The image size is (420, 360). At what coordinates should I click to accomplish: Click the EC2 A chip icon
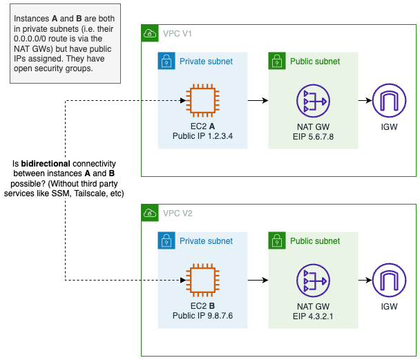tap(203, 101)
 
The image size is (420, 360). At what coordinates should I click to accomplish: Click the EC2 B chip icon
tap(203, 281)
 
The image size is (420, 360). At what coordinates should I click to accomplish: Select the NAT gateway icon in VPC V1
tap(314, 101)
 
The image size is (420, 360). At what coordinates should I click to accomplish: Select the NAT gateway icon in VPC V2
tap(314, 281)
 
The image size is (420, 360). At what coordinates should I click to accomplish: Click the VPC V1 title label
tap(179, 33)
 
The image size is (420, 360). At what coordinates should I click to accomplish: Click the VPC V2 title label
tap(179, 213)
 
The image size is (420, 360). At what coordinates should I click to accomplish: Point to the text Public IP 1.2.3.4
tap(203, 136)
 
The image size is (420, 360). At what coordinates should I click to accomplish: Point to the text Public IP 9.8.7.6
tap(203, 316)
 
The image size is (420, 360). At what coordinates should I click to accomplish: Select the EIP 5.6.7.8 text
tap(314, 136)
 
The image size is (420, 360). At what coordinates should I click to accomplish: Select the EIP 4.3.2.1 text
tap(314, 316)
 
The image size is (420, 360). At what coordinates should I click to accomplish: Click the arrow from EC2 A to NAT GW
tap(258, 101)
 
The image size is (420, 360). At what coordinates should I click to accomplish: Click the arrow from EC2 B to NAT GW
tap(258, 281)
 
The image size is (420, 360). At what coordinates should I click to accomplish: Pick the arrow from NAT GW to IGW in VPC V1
tap(363, 101)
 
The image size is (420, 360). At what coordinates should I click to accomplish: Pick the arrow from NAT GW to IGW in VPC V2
tap(363, 281)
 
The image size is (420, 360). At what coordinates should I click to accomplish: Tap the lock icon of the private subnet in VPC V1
tap(166, 61)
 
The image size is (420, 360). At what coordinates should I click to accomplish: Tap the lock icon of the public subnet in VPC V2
tap(277, 240)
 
